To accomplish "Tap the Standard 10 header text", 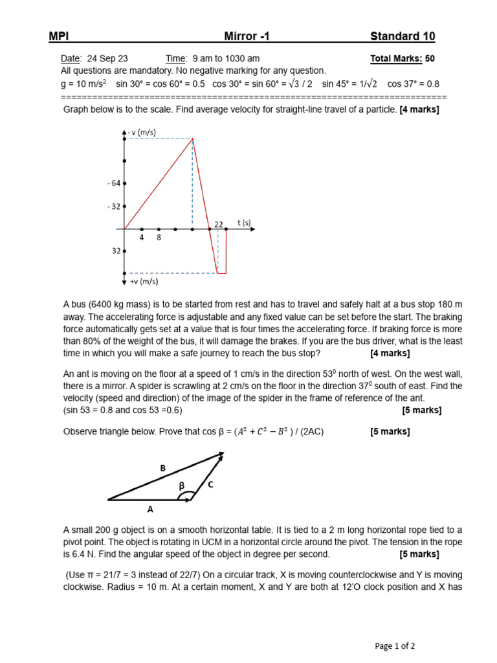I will [x=403, y=36].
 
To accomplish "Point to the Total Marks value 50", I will [x=430, y=58].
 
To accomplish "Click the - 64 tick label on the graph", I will [x=114, y=184].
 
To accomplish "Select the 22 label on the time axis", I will [x=219, y=224].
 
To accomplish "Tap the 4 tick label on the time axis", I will [x=142, y=238].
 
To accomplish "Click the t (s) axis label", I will [x=243, y=223].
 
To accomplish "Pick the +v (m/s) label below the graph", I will [x=143, y=282].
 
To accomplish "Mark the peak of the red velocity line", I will [x=192, y=139].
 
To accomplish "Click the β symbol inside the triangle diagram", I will [x=182, y=485].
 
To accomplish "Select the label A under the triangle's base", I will [x=150, y=510].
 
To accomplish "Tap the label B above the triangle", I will [x=162, y=467].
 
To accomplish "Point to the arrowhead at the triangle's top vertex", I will [x=221, y=456].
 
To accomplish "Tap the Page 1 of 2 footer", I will [x=395, y=646].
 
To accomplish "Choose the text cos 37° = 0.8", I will [x=413, y=84].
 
